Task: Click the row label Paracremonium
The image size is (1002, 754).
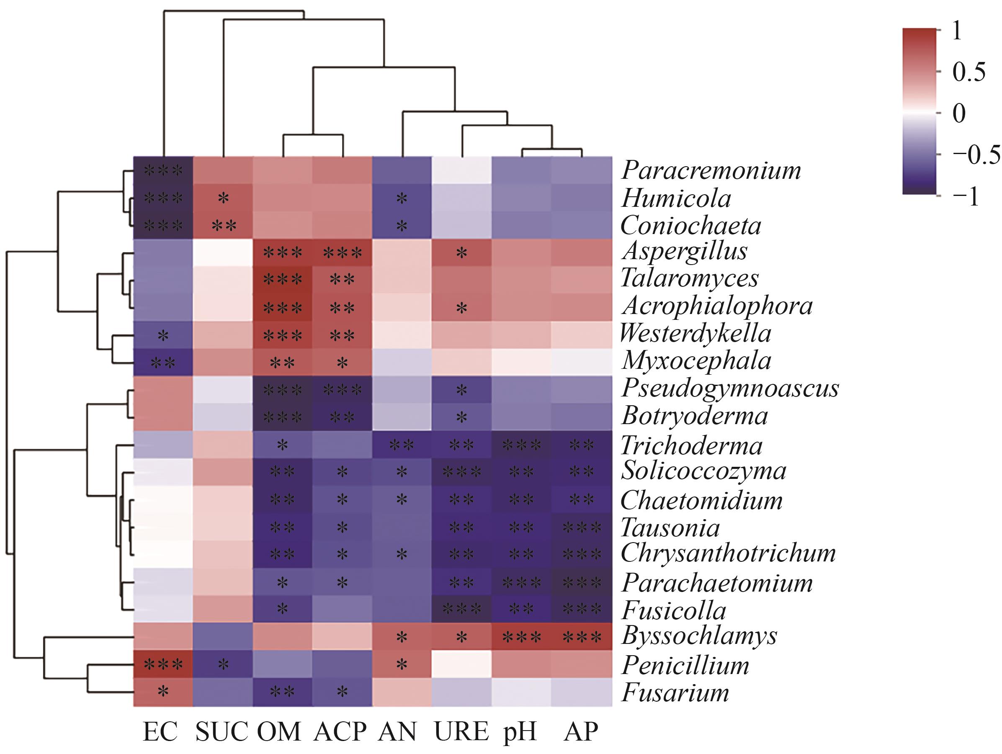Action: pyautogui.click(x=711, y=171)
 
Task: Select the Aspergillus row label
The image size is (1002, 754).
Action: pyautogui.click(x=685, y=251)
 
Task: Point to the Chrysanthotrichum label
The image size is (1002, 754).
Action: pyautogui.click(x=728, y=553)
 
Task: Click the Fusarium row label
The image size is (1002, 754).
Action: pyautogui.click(x=675, y=693)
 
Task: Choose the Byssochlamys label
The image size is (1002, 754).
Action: pyautogui.click(x=699, y=636)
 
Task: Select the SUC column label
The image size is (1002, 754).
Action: pyautogui.click(x=222, y=731)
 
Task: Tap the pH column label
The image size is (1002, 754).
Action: pyautogui.click(x=520, y=731)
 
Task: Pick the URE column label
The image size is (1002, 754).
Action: pyautogui.click(x=461, y=731)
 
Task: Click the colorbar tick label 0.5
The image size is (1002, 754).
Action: pyautogui.click(x=969, y=72)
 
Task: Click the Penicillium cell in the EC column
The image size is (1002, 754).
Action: pyautogui.click(x=163, y=665)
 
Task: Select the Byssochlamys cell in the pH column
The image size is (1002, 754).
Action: pyautogui.click(x=522, y=637)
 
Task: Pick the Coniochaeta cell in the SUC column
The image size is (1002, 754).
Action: pyautogui.click(x=223, y=226)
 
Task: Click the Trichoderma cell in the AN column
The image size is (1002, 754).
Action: pyautogui.click(x=401, y=445)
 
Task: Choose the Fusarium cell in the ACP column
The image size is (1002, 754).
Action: pyautogui.click(x=342, y=692)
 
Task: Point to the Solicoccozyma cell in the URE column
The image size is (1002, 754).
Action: pyautogui.click(x=461, y=472)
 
